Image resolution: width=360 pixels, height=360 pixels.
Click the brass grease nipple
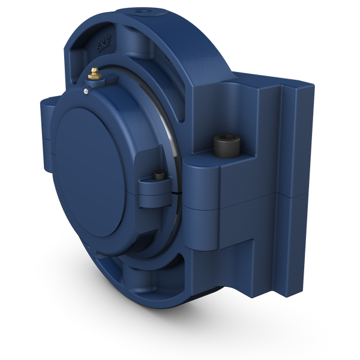(94, 74)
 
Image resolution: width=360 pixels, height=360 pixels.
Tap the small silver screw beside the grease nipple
(87, 91)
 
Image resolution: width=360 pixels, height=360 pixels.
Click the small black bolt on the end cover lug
(158, 176)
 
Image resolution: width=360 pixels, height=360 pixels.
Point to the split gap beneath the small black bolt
(163, 196)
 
